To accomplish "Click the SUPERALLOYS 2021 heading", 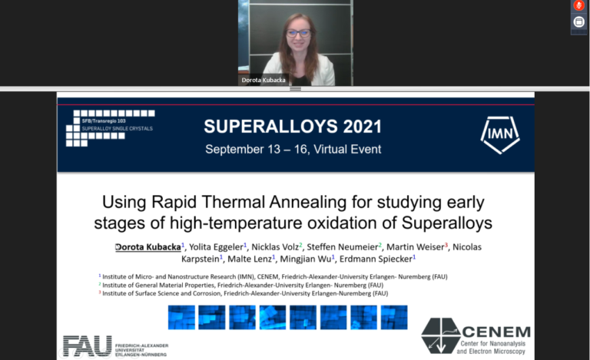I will point(293,126).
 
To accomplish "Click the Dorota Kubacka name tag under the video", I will point(263,80).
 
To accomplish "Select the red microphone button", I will point(579,6).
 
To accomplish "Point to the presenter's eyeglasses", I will point(298,33).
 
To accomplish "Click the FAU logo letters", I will point(88,346).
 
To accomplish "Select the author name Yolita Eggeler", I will point(217,246).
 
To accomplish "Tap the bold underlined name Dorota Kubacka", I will point(149,246).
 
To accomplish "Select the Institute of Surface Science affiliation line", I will point(246,293).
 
